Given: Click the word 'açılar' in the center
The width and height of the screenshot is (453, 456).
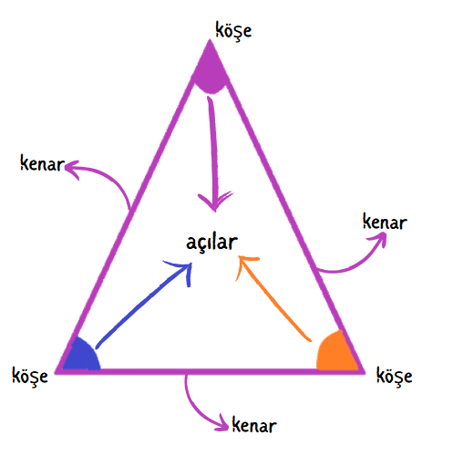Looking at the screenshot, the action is (x=211, y=243).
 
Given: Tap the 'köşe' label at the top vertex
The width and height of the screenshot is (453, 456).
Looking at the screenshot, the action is (x=233, y=31).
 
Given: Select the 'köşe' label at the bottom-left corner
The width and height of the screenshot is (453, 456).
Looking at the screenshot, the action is (x=30, y=376).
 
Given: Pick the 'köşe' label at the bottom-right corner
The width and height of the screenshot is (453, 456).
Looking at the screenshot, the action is (x=394, y=376).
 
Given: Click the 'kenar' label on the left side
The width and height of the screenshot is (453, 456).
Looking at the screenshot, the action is (x=42, y=163).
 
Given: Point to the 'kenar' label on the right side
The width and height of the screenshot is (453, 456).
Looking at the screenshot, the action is (x=385, y=222).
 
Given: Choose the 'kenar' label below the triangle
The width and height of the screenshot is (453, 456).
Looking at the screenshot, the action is (x=254, y=425).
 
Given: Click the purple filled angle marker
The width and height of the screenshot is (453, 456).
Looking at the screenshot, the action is (x=211, y=70).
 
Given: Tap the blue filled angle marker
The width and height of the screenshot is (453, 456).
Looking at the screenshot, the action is (x=82, y=356).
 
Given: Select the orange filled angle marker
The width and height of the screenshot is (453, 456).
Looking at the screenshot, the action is (x=335, y=352).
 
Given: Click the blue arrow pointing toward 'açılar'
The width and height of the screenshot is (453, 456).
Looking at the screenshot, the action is (x=144, y=306).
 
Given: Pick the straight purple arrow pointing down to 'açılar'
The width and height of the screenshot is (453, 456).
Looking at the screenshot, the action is (x=213, y=152).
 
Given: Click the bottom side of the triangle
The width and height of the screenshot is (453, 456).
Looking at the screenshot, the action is (x=211, y=371).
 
